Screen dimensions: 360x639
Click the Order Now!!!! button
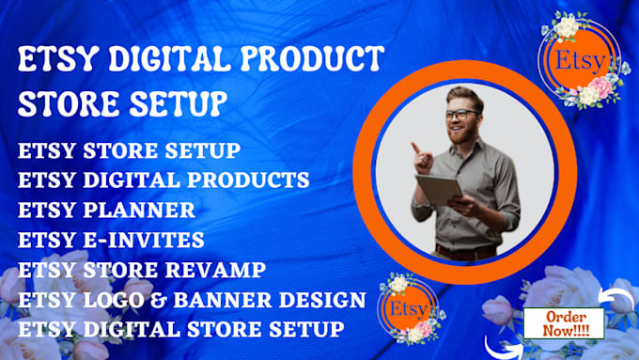558,321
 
